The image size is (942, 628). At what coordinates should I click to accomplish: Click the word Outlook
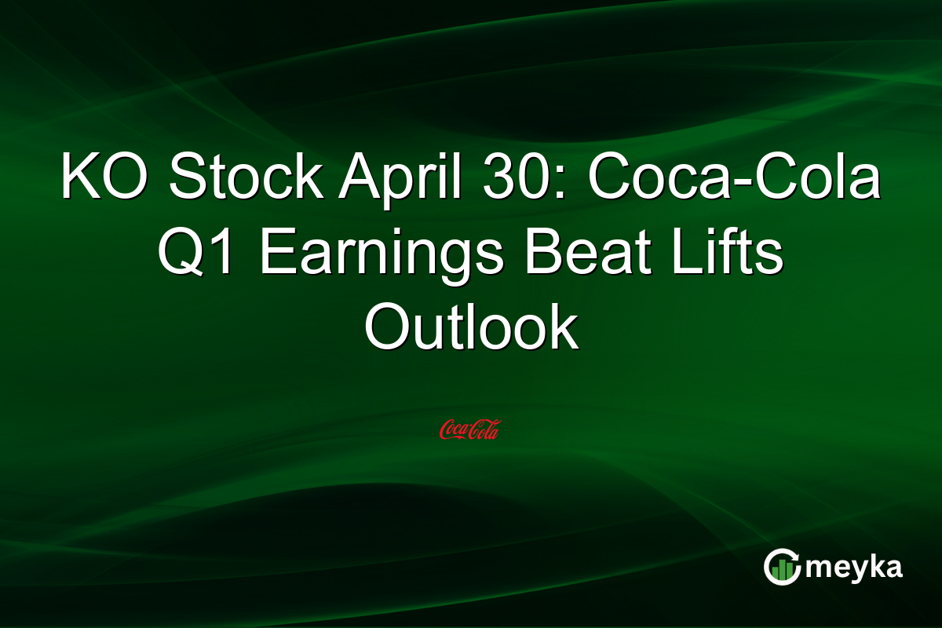[471, 328]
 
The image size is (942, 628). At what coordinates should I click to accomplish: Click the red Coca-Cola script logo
[469, 429]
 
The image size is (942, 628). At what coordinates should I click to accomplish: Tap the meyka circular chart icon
[783, 568]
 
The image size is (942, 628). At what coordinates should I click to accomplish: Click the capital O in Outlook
[385, 328]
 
